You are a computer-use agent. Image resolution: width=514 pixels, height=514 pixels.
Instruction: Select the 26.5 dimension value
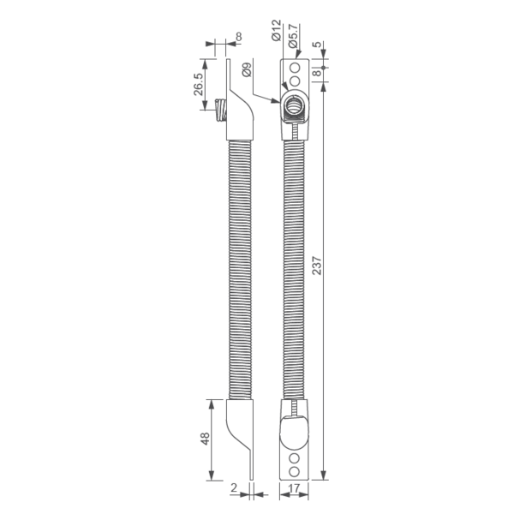[x=199, y=86]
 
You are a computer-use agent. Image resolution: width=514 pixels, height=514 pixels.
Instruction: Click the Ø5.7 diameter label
[x=292, y=35]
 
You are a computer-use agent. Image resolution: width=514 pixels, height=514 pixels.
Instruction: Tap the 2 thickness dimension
[x=234, y=487]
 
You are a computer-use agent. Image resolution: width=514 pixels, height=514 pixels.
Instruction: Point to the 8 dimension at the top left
[x=237, y=37]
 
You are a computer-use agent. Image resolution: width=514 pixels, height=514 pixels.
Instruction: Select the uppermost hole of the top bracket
[x=295, y=67]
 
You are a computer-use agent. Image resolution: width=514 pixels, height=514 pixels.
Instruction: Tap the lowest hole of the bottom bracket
[x=295, y=472]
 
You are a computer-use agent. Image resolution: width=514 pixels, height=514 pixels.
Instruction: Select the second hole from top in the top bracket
[x=295, y=80]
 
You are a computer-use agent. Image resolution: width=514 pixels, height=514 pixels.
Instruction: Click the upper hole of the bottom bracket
[x=295, y=458]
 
